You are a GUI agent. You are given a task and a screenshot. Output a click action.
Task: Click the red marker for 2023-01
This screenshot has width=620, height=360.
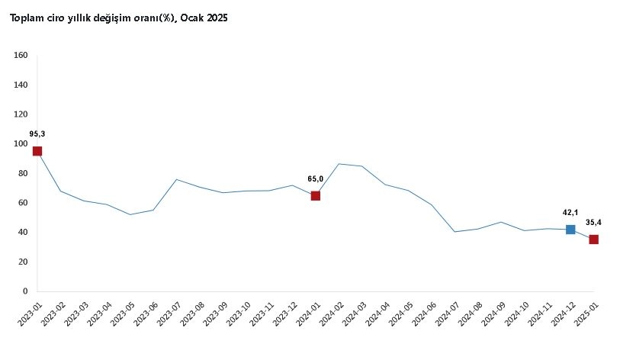37,151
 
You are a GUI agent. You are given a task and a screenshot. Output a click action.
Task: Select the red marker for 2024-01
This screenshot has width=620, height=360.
315,196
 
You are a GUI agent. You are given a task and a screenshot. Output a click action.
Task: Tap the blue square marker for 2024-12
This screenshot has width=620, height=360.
570,230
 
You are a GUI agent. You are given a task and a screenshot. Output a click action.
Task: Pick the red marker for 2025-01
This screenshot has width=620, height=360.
593,239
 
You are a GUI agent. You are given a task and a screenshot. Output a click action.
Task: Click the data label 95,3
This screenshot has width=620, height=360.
37,134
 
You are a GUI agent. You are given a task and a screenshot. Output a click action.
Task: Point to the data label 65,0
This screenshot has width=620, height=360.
315,178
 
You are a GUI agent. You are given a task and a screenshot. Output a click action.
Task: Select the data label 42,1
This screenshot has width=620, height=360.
567,214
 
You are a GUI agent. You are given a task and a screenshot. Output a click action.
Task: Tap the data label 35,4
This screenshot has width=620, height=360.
593,223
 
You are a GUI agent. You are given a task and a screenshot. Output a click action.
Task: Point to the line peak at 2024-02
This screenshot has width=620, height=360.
339,164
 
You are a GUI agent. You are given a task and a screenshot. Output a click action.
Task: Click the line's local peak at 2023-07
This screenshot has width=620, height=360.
176,180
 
